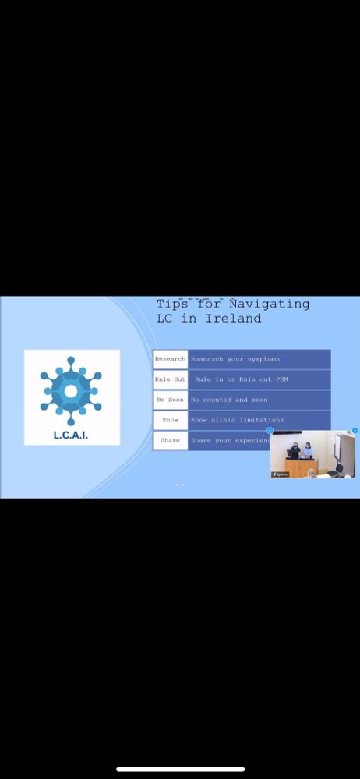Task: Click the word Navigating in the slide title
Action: click(270, 305)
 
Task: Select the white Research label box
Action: click(170, 359)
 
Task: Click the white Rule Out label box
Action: click(170, 379)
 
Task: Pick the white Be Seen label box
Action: click(170, 400)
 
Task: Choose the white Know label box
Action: click(170, 420)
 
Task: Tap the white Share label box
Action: click(170, 440)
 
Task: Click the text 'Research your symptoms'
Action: click(235, 359)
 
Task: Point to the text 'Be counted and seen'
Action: click(229, 400)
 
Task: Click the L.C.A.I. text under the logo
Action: click(71, 435)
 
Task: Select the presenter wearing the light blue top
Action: click(309, 450)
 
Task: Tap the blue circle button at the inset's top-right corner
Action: click(355, 430)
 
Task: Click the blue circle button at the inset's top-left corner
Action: click(270, 430)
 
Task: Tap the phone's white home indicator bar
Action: click(180, 770)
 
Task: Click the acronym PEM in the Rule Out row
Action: click(281, 379)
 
